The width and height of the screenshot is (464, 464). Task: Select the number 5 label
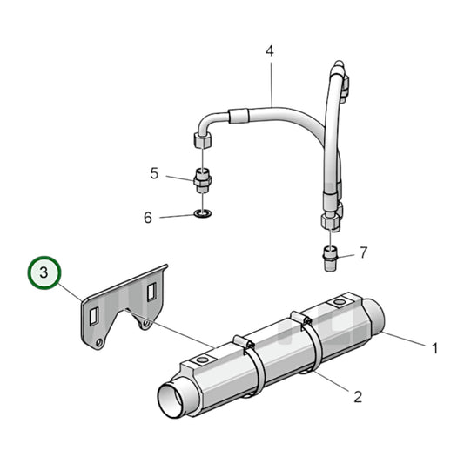click(154, 173)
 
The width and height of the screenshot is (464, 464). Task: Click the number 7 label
click(363, 253)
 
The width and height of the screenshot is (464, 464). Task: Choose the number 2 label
click(357, 398)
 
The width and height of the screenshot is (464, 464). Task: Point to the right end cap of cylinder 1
click(375, 312)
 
